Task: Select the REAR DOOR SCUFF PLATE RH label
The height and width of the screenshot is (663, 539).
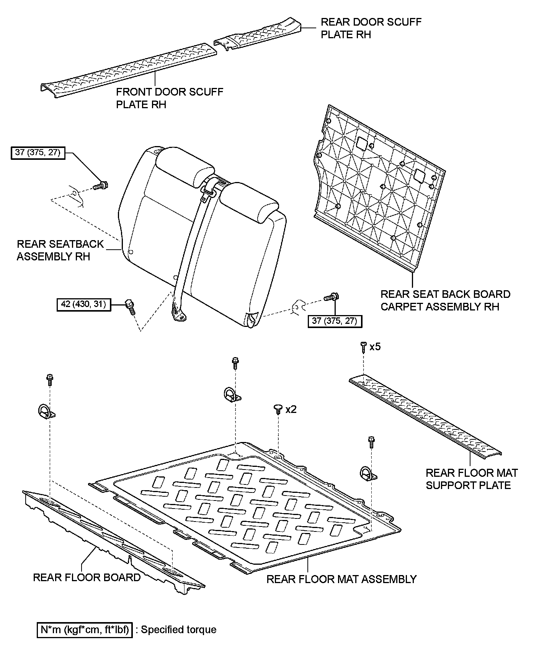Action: pos(371,28)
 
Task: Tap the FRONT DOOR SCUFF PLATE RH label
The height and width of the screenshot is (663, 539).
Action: pos(169,98)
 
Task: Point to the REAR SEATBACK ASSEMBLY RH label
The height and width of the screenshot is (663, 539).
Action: pos(60,250)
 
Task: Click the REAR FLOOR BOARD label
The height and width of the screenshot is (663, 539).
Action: pos(87,577)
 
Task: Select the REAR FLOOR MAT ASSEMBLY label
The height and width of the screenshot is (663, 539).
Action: pos(341,579)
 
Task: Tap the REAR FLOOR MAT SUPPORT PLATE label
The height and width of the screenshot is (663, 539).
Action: pos(471,479)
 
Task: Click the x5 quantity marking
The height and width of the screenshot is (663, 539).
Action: pos(375,347)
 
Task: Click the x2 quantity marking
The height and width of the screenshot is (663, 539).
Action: pos(291,409)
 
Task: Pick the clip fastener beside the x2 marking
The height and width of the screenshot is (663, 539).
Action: pos(278,409)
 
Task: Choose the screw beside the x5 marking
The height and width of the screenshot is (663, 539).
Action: pos(363,347)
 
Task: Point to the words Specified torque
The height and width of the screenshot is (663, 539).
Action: pos(178,630)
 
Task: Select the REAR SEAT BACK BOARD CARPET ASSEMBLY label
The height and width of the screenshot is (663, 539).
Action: pos(445,300)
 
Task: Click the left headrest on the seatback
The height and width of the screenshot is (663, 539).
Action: pos(184,169)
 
